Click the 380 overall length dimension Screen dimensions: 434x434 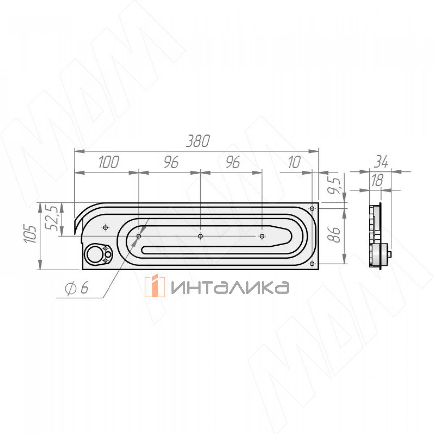198,141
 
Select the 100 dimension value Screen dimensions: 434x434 109,162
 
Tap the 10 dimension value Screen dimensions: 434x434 294,162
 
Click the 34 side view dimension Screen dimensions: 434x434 381,162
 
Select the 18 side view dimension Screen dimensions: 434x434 377,180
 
